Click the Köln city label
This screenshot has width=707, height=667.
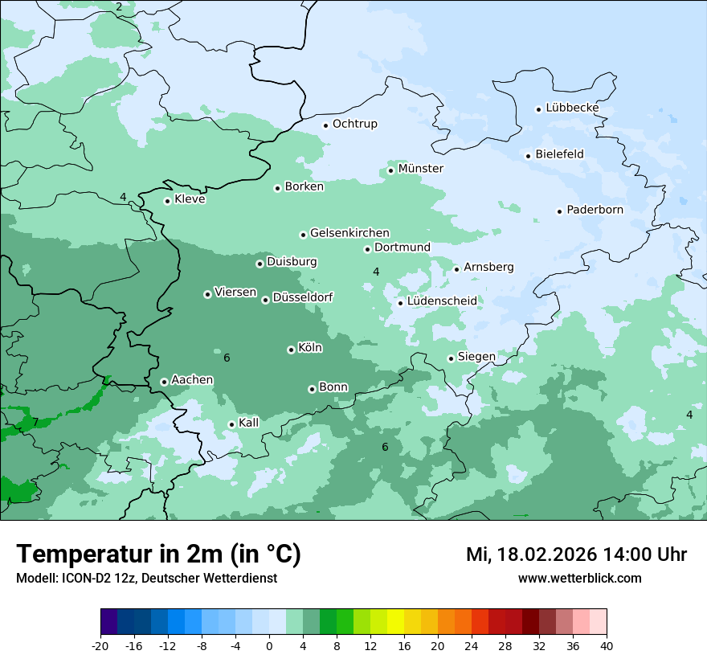310,348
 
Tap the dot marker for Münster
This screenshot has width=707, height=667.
391,170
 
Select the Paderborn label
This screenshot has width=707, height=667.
595,210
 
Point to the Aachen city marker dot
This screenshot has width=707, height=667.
164,382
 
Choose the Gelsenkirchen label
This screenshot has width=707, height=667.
349,233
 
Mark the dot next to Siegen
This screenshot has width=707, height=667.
452,358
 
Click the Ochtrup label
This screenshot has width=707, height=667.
354,124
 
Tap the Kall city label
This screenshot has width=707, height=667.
249,423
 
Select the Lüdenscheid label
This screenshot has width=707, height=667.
442,301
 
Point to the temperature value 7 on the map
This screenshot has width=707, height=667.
35,422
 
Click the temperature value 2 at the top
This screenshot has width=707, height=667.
119,7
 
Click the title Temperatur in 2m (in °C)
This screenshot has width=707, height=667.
158,554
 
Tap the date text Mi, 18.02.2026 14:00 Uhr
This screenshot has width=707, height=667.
576,554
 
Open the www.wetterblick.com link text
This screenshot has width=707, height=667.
579,578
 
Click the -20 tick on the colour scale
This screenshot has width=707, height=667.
100,645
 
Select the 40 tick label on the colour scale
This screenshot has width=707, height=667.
607,645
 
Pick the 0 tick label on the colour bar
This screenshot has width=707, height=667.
269,645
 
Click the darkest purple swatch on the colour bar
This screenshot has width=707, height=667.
108,622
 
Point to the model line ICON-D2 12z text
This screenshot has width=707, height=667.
146,578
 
